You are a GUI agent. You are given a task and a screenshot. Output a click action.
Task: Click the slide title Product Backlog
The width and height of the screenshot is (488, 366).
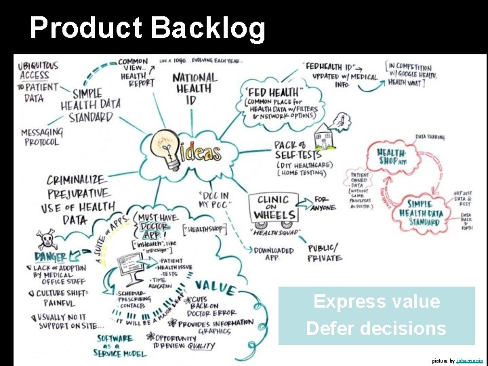(x=148, y=28)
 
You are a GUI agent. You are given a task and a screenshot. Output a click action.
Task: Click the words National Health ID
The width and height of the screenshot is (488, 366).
(x=195, y=87)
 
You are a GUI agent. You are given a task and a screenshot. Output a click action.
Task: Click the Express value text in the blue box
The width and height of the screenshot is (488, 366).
(x=376, y=302)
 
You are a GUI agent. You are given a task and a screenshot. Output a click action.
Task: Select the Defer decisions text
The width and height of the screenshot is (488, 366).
(x=376, y=329)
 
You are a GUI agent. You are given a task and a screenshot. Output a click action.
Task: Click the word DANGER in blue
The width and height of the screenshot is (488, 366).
(x=52, y=257)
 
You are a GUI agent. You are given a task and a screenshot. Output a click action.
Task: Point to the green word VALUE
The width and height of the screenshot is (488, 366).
(x=215, y=287)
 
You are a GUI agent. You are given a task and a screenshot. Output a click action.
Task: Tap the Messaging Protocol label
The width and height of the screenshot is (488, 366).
(x=42, y=137)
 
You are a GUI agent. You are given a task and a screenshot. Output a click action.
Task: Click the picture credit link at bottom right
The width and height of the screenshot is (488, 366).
(x=469, y=361)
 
